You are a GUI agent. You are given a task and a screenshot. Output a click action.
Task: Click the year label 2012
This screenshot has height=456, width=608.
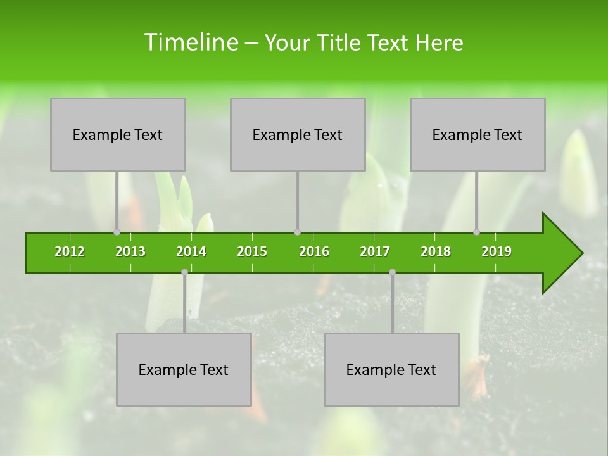[x=70, y=251]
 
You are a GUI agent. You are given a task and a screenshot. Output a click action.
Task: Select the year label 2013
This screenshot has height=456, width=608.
[x=130, y=251]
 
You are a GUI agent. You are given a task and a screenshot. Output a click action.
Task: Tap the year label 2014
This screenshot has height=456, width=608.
[x=191, y=251]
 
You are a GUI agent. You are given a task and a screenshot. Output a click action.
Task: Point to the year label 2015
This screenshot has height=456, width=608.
[x=252, y=251]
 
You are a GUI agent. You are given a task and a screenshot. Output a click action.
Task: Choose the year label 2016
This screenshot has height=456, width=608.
[x=314, y=251]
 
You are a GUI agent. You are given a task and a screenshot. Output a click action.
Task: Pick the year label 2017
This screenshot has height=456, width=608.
[x=375, y=251]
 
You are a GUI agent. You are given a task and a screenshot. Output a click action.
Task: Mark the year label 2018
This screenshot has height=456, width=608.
[x=436, y=251]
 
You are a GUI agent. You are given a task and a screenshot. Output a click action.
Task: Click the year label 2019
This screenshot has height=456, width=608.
[x=497, y=251]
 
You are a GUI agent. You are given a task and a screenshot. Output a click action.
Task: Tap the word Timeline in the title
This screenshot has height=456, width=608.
[x=191, y=42]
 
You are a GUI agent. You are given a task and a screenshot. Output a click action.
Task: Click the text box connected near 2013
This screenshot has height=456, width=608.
[x=118, y=134]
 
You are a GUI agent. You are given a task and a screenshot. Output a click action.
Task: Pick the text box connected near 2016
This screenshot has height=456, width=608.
[x=298, y=134]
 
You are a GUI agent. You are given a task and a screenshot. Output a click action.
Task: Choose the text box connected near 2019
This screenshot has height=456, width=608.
[x=478, y=134]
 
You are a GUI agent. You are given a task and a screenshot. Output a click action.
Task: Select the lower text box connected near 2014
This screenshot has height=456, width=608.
[x=184, y=369]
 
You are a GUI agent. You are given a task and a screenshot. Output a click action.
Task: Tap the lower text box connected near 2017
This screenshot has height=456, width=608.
[x=391, y=369]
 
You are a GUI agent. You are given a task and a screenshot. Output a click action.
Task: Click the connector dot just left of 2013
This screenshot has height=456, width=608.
[x=117, y=232]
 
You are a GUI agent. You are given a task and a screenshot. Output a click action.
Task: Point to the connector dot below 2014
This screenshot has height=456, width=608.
[x=184, y=272]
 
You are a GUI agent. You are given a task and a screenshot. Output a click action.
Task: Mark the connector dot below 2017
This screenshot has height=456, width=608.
[x=392, y=272]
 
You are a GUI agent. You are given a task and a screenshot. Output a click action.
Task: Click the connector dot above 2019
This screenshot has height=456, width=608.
[x=477, y=232]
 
